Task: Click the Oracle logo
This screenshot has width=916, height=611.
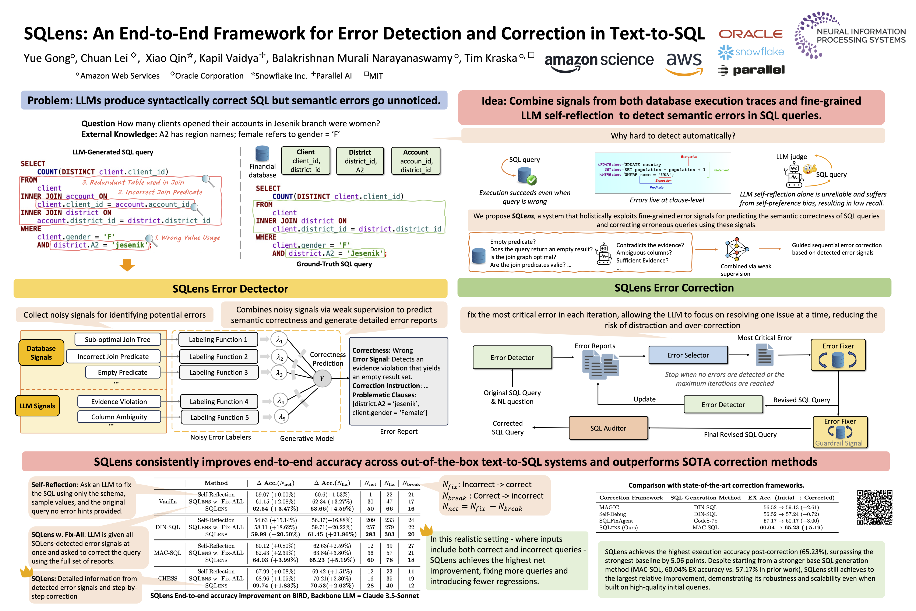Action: point(750,34)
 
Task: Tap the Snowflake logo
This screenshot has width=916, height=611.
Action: point(750,52)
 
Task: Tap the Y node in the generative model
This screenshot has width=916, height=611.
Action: point(322,378)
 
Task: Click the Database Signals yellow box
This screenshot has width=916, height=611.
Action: point(41,353)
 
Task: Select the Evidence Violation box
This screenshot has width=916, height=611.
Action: point(119,401)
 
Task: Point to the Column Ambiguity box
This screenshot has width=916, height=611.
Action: point(119,417)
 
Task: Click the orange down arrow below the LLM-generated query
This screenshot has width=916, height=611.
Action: point(127,265)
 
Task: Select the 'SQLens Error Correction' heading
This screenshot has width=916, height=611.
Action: point(674,288)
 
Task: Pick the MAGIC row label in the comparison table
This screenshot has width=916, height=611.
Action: point(609,507)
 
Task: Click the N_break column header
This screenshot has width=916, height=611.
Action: point(411,483)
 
